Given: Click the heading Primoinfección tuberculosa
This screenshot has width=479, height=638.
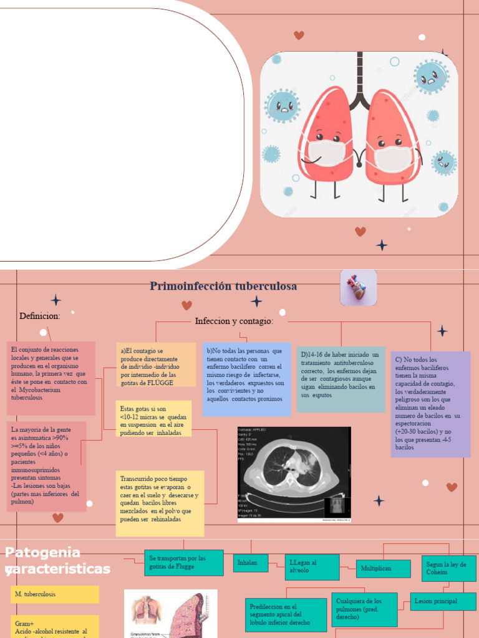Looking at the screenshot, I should tap(223, 287).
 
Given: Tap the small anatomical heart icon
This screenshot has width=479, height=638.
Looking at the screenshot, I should tap(358, 288).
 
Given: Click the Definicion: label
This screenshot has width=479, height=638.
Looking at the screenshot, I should tap(40, 316).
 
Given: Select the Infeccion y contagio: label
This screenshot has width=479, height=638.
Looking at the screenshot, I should tap(234, 321).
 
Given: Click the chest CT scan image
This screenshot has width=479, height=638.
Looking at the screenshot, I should tap(294, 474).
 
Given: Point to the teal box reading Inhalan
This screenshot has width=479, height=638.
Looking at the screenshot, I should tap(251, 563).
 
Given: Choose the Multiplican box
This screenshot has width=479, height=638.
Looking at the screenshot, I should tap(383, 568).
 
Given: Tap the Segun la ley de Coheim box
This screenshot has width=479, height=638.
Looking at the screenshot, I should tap(448, 568).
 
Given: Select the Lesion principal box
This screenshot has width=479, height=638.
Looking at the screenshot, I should tap(443, 601).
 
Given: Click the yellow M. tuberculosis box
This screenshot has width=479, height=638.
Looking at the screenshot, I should tap(54, 594).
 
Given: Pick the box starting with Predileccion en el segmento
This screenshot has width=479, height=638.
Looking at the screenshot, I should tap(286, 614).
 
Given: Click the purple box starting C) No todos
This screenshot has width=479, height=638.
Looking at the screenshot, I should tap(430, 404).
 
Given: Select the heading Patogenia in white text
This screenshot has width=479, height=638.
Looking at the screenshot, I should tap(42, 553).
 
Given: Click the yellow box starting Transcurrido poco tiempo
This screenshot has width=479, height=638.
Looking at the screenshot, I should tap(160, 503).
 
